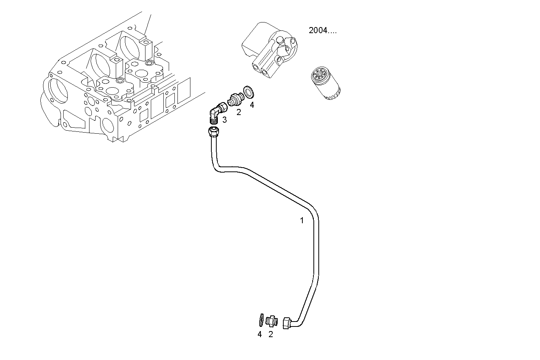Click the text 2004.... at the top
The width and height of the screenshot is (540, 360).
323,30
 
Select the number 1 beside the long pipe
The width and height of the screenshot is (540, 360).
302,221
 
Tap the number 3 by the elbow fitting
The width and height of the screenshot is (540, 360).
224,120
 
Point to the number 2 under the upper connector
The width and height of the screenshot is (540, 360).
239,112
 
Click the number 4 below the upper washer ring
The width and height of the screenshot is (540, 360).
252,105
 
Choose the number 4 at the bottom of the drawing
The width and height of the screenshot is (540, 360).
260,334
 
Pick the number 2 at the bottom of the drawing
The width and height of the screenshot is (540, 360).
271,334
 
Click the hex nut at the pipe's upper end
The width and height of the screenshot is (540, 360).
213,132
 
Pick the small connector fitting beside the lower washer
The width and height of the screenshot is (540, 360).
272,321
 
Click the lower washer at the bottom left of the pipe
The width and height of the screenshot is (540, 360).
260,320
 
